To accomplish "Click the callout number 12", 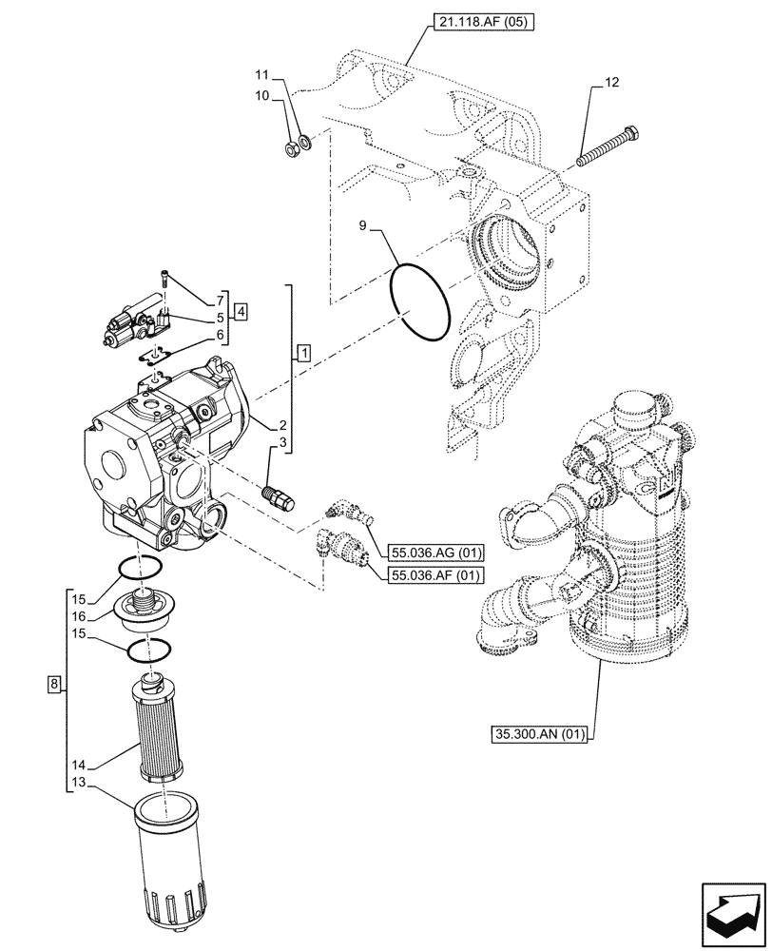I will coord(610,84).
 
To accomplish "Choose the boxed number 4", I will coord(241,311).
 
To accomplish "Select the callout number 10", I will coord(263,95).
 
